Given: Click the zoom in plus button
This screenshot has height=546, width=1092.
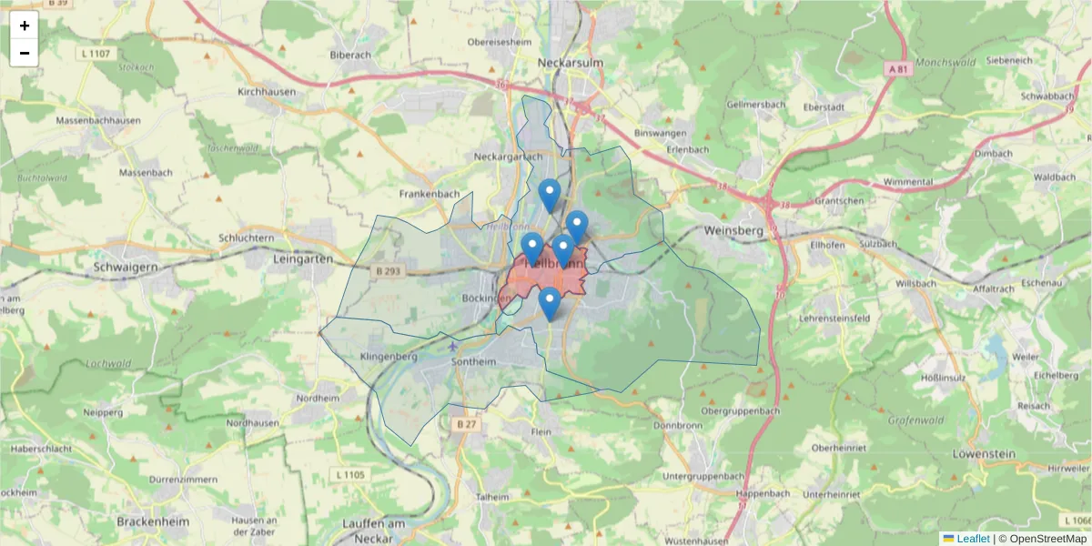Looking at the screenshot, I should tap(25, 25).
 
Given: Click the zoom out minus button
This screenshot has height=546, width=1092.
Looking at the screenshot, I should tap(25, 53).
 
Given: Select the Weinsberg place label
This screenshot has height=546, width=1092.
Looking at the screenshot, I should tap(733, 231).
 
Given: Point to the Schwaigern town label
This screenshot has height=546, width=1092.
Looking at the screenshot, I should tap(126, 268).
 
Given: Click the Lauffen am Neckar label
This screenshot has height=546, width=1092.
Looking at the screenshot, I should tap(374, 530).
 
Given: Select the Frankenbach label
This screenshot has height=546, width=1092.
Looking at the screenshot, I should tap(430, 194).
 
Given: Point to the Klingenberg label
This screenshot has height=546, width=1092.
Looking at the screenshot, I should tap(389, 356).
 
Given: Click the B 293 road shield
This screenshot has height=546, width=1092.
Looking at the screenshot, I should tap(388, 270).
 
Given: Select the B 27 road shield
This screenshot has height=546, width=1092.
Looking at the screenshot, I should tap(467, 424).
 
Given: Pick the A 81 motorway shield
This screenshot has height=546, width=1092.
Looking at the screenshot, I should tap(897, 68).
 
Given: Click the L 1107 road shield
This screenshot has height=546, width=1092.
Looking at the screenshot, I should tap(96, 54).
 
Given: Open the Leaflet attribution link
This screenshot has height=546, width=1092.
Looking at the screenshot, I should tap(972, 539).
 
